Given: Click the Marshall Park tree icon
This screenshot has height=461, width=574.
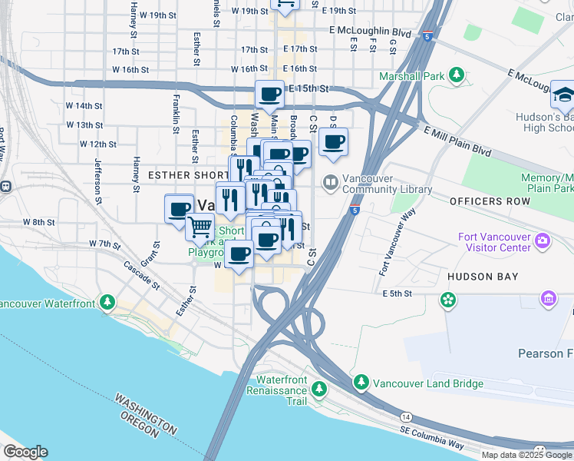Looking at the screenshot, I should [x=457, y=75].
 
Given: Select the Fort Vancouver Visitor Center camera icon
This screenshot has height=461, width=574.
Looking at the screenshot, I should [x=543, y=240].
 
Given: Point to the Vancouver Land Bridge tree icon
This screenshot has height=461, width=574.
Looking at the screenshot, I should [x=361, y=382].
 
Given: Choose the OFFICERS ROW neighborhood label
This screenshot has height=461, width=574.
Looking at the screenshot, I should [x=490, y=201].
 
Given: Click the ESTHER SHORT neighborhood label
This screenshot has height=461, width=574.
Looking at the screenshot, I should [x=183, y=175].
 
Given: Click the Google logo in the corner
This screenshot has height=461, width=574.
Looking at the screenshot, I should [x=25, y=452].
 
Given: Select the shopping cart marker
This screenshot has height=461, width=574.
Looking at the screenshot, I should [x=200, y=227].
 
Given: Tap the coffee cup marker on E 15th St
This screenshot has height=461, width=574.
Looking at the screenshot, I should [x=269, y=95].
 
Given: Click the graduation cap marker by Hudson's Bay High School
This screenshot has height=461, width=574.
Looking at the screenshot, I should [x=563, y=96].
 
